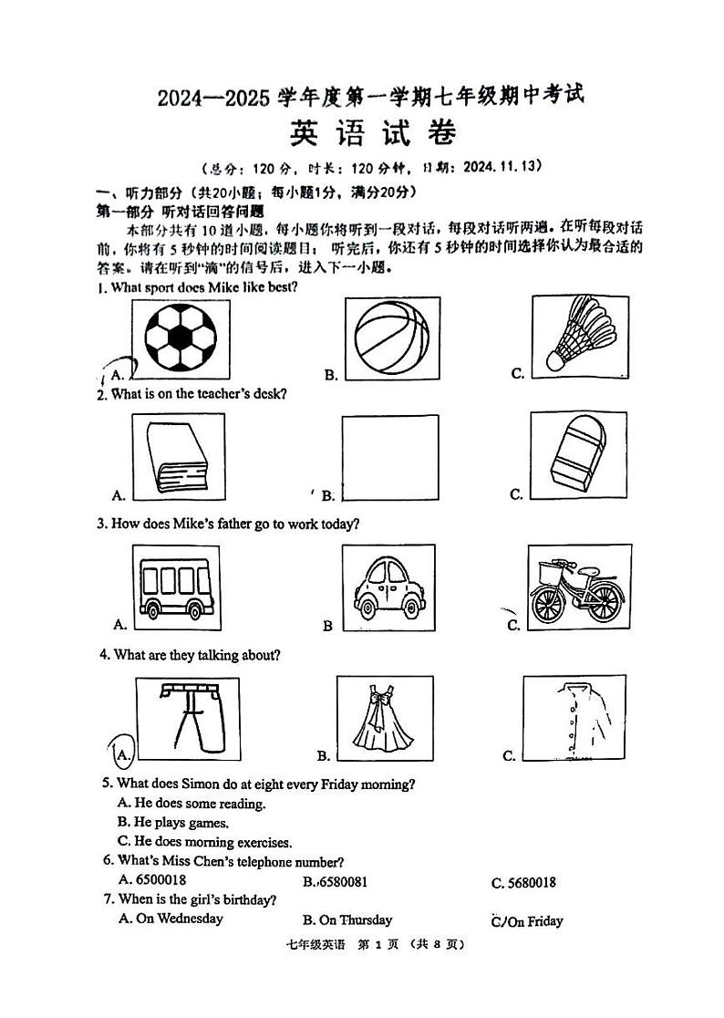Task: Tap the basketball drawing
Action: pos(390,338)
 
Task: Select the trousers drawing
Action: pos(186,717)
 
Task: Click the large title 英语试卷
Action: pos(371,134)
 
